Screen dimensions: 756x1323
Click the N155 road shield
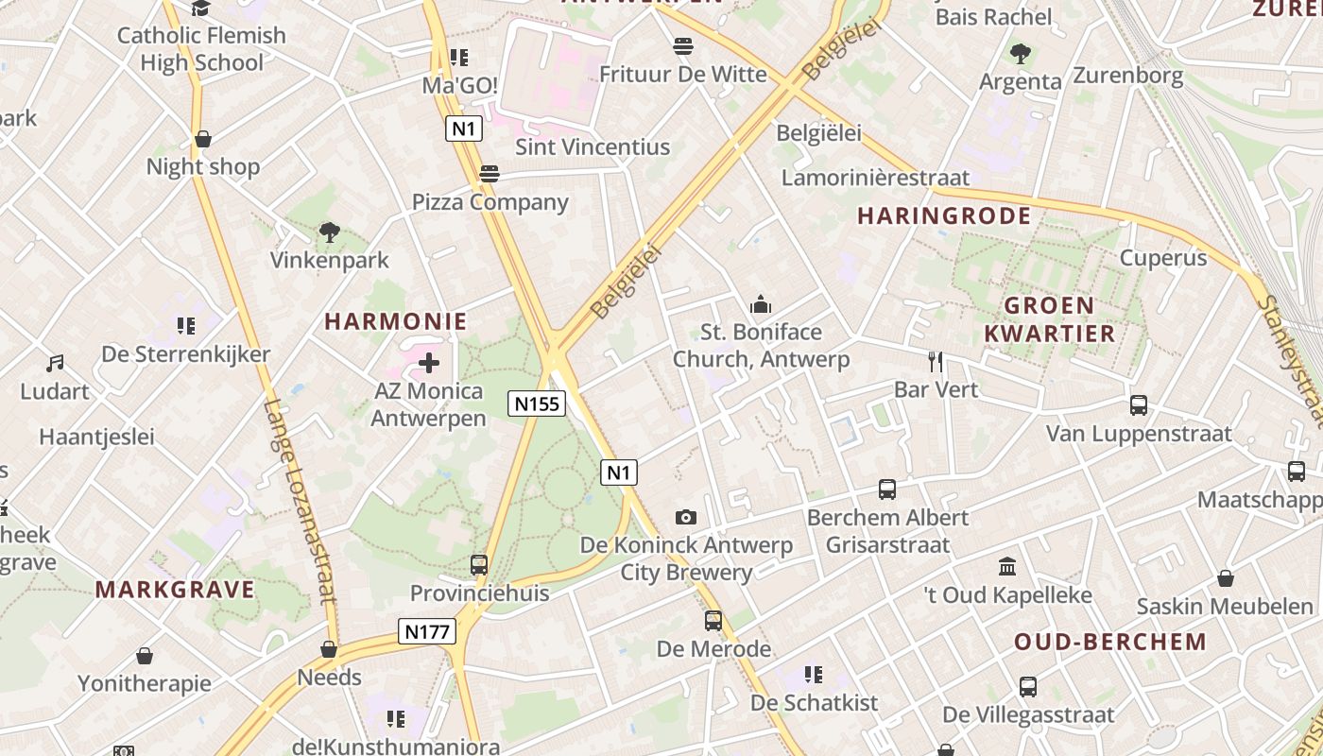point(537,404)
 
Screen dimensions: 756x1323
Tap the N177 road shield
point(427,631)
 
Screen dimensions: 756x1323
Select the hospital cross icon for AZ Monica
point(429,363)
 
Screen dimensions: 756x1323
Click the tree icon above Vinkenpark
point(329,232)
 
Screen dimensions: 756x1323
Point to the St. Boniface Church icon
point(761,304)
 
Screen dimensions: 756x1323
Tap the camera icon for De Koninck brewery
point(686,517)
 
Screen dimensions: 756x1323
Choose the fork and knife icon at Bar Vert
point(936,361)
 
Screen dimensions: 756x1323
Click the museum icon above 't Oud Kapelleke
point(1007,567)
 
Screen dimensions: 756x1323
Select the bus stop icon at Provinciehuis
point(479,565)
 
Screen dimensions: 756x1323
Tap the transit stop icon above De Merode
point(713,621)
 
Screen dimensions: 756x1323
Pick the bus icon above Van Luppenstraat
point(1139,405)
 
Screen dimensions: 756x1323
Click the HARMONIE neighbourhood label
point(396,321)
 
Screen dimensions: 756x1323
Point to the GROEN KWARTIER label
point(1049,319)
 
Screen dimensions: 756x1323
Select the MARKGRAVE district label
point(175,590)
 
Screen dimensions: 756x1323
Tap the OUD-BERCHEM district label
point(1110,642)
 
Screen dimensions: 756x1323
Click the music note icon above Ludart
point(55,363)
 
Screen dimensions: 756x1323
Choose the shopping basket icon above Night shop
point(202,140)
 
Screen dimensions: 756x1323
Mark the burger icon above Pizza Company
point(489,174)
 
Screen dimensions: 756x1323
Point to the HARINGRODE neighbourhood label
point(944,215)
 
